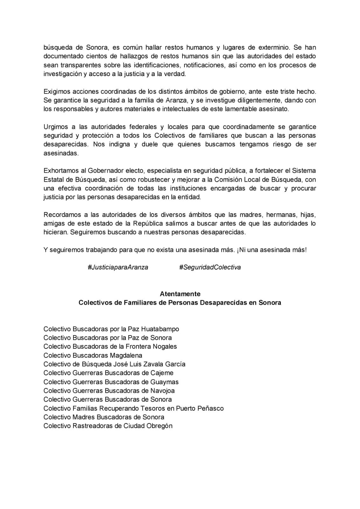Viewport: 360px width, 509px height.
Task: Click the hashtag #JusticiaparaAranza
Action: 118,267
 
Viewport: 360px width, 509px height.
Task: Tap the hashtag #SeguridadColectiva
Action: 210,267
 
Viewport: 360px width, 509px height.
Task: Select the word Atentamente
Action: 180,294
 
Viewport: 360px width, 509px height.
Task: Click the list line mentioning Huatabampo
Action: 111,329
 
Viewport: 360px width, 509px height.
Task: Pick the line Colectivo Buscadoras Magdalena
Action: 93,355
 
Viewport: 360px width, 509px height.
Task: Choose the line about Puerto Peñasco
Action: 134,408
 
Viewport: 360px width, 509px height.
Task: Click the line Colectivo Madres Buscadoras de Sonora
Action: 104,417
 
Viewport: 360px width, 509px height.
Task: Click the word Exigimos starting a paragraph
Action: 56,92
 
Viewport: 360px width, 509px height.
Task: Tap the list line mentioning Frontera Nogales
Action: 110,346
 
